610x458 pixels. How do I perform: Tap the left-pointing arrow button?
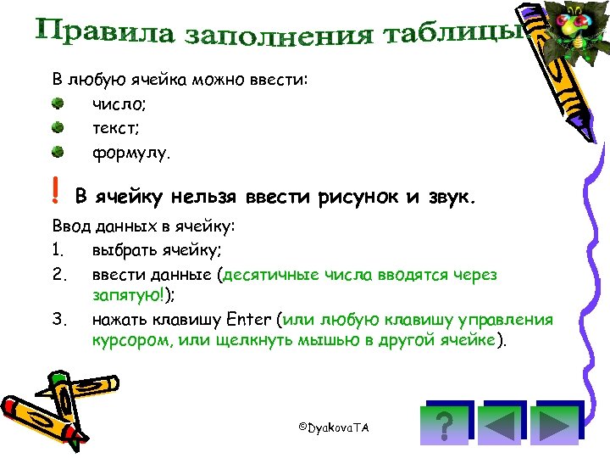(x=502, y=422)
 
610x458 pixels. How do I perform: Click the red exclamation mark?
(x=55, y=196)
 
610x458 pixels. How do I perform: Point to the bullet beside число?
(x=57, y=104)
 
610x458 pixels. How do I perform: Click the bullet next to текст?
(x=57, y=129)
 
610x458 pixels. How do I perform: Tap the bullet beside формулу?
(x=57, y=154)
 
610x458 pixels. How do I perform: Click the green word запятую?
(x=121, y=296)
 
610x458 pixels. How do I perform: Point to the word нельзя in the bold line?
(x=205, y=198)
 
